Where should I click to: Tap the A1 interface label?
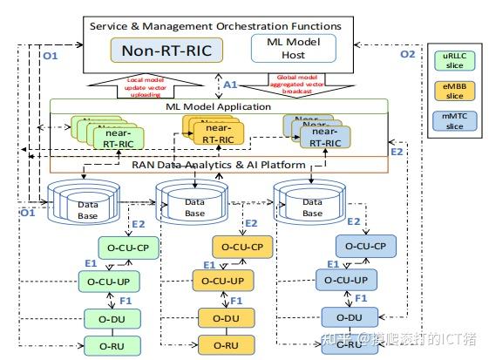coord(229,85)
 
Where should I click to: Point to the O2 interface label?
coord(407,54)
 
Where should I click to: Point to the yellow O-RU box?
coord(225,346)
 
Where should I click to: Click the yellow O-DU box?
coord(225,316)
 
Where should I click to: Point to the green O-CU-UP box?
coord(114,282)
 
